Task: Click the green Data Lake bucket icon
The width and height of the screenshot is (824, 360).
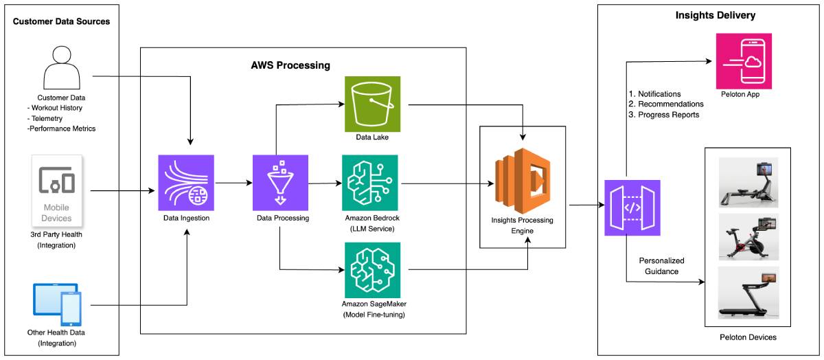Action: (371, 104)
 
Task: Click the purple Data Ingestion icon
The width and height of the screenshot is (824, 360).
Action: (186, 183)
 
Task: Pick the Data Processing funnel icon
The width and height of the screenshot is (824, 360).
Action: (281, 183)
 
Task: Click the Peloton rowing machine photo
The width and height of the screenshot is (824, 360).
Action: (748, 182)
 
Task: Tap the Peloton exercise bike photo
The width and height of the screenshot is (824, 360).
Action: (748, 236)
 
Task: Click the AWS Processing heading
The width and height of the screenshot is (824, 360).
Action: (290, 65)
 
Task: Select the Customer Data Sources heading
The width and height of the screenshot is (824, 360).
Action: (61, 21)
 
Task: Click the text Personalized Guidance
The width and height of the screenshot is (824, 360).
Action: (661, 266)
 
